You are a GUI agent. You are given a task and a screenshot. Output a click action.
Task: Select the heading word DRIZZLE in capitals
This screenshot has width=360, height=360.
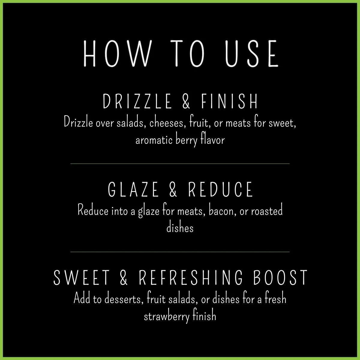[x=137, y=101]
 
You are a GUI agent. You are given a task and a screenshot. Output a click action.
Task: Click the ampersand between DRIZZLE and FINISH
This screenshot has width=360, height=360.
[x=186, y=101]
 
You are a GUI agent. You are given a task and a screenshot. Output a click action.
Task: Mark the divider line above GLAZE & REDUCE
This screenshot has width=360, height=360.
[x=180, y=163]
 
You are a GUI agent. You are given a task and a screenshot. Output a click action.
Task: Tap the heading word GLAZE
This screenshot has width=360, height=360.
[x=133, y=190]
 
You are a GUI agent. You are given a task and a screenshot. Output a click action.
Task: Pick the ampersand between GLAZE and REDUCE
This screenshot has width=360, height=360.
[x=173, y=190]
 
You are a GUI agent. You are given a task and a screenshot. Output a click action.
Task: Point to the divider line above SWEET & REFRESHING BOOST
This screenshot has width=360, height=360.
[x=180, y=252]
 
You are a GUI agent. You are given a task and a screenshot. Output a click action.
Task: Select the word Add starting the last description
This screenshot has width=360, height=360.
[x=82, y=299]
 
